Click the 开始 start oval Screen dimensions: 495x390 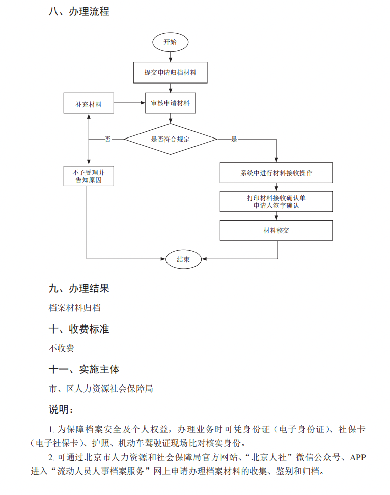(x=170, y=42)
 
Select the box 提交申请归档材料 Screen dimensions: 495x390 (x=170, y=72)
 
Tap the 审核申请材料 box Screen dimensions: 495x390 (x=170, y=103)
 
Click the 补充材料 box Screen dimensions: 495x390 (x=89, y=104)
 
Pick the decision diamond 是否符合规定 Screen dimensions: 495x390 (x=170, y=139)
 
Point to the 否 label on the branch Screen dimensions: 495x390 (x=107, y=139)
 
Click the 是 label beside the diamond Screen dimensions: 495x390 (x=234, y=139)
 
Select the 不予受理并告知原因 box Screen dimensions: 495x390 (x=89, y=176)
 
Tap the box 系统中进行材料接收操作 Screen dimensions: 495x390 (x=276, y=173)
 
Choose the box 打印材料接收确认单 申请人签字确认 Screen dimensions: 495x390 (x=276, y=202)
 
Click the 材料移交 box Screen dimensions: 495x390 (x=276, y=230)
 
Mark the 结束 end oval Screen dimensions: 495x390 (x=183, y=259)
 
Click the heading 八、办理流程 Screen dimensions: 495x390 (x=79, y=11)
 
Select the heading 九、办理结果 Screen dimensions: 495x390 (x=79, y=289)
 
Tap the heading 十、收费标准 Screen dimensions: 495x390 (x=79, y=329)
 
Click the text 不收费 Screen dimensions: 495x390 (x=62, y=348)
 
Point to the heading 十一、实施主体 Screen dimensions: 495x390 (x=84, y=369)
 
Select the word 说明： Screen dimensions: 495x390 (x=61, y=409)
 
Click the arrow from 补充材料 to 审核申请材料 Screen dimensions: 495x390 (x=130, y=103)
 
